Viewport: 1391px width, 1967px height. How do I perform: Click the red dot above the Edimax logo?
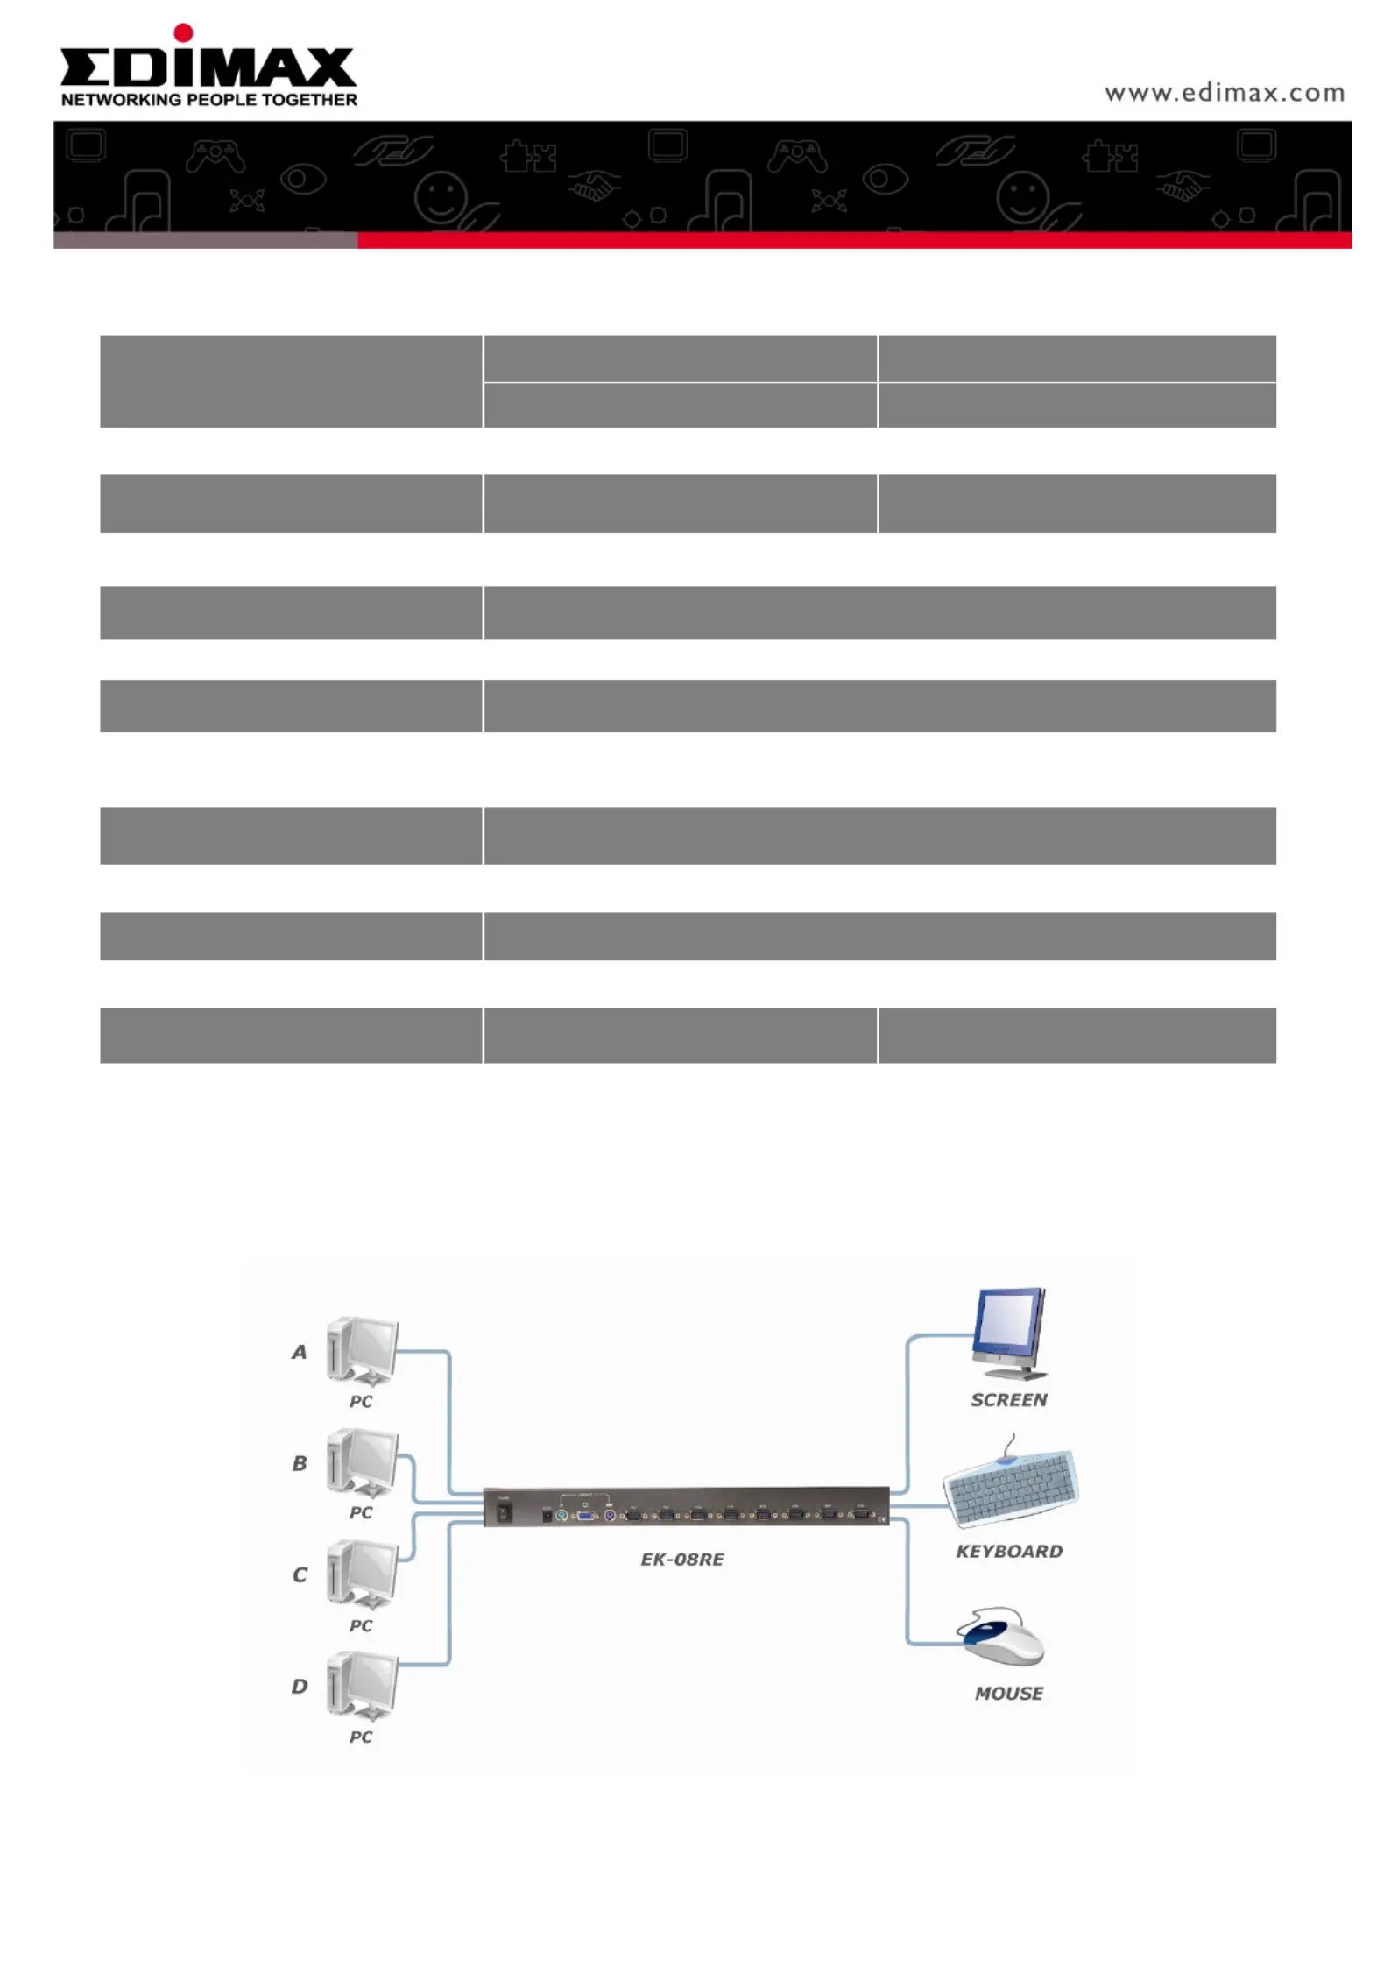(x=183, y=33)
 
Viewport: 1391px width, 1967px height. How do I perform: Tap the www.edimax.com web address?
(x=1224, y=93)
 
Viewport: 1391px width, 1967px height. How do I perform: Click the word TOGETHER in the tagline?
(x=309, y=100)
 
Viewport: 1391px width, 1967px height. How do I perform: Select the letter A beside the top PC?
(x=300, y=1352)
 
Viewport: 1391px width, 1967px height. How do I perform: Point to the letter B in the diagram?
(x=300, y=1463)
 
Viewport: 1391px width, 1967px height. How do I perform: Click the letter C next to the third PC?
(x=300, y=1574)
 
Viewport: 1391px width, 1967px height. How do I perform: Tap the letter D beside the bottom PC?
(x=300, y=1686)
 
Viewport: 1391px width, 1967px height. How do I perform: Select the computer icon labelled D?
(x=362, y=1685)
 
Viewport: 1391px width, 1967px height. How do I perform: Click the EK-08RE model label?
(x=682, y=1560)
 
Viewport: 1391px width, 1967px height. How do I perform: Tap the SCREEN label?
(x=1009, y=1400)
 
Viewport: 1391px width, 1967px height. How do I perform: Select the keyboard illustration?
(x=1011, y=1483)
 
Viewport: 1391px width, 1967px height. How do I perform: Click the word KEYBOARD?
(x=1009, y=1552)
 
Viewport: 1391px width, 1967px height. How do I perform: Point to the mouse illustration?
(x=1001, y=1635)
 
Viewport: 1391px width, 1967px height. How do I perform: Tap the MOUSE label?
(x=1009, y=1694)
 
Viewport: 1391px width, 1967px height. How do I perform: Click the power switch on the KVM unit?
(x=504, y=1513)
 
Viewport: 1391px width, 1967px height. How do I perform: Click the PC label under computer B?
(x=361, y=1512)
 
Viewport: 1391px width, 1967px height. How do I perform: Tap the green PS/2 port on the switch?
(x=561, y=1516)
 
